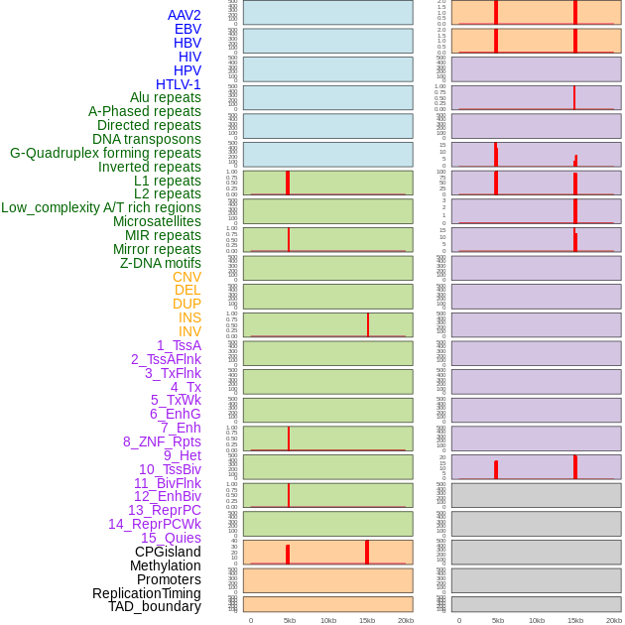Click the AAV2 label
pyautogui.click(x=184, y=15)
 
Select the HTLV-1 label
pyautogui.click(x=178, y=84)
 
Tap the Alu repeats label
pyautogui.click(x=165, y=98)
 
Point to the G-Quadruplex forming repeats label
pyautogui.click(x=105, y=153)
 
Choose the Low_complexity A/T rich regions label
pyautogui.click(x=101, y=207)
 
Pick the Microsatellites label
pyautogui.click(x=157, y=221)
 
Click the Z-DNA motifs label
pyautogui.click(x=160, y=263)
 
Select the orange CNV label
pyautogui.click(x=187, y=277)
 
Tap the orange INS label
pyautogui.click(x=189, y=317)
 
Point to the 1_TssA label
pyautogui.click(x=179, y=345)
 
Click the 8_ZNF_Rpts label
pyautogui.click(x=162, y=441)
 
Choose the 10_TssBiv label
pyautogui.click(x=170, y=469)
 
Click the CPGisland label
pyautogui.click(x=168, y=552)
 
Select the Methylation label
pyautogui.click(x=165, y=565)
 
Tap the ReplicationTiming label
pyautogui.click(x=146, y=593)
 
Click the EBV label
pyautogui.click(x=187, y=29)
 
